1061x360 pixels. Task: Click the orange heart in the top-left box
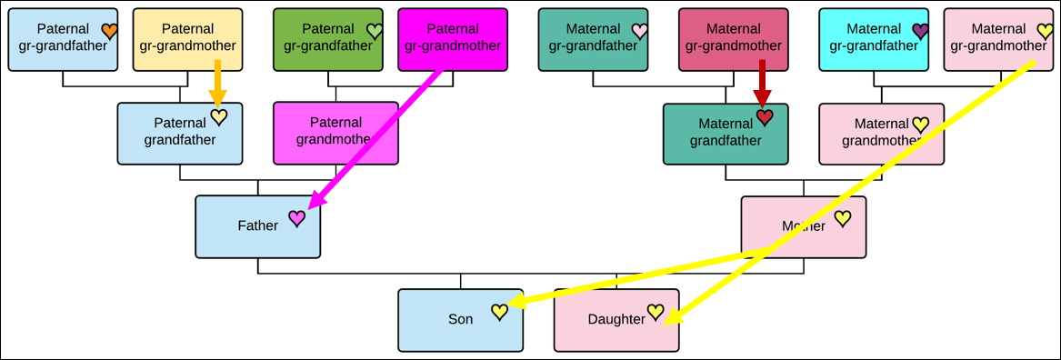[x=110, y=30]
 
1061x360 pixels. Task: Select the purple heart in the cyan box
[x=920, y=30]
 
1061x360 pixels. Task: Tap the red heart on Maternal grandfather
[x=765, y=118]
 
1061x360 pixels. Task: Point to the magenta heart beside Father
[x=297, y=218]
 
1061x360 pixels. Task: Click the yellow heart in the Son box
[x=499, y=312]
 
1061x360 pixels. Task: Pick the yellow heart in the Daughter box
[x=655, y=311]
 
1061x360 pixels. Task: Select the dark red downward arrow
[x=763, y=84]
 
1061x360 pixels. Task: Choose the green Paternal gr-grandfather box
[x=328, y=39]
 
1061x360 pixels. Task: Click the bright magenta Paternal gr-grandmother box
[x=453, y=39]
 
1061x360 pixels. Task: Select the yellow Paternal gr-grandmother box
[x=187, y=39]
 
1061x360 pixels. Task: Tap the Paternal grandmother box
[x=335, y=134]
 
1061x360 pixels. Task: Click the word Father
[x=258, y=226]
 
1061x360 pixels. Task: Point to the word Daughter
[x=616, y=319]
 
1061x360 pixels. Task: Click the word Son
[x=460, y=319]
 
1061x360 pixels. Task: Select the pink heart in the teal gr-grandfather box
[x=639, y=30]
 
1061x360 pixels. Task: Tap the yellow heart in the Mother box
[x=842, y=218]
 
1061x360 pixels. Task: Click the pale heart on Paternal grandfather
[x=218, y=118]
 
